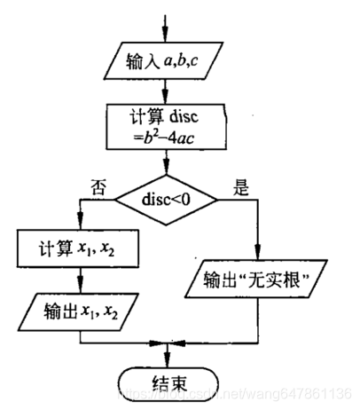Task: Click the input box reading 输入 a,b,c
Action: click(165, 62)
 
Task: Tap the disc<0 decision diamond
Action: click(166, 200)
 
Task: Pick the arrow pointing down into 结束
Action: click(166, 359)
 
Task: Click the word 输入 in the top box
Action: click(140, 62)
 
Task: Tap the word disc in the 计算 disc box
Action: click(183, 116)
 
